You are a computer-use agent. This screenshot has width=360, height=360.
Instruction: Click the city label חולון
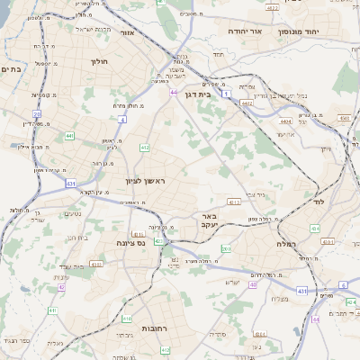(99, 62)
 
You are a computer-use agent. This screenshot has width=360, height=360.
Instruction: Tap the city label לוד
(319, 202)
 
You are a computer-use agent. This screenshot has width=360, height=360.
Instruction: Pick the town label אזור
(126, 32)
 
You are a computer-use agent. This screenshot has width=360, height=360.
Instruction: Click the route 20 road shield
(37, 113)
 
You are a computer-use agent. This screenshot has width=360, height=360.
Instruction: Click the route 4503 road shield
(345, 117)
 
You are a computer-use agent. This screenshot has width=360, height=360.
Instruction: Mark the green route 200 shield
(226, 249)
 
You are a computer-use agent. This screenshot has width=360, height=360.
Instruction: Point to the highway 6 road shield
(343, 285)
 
